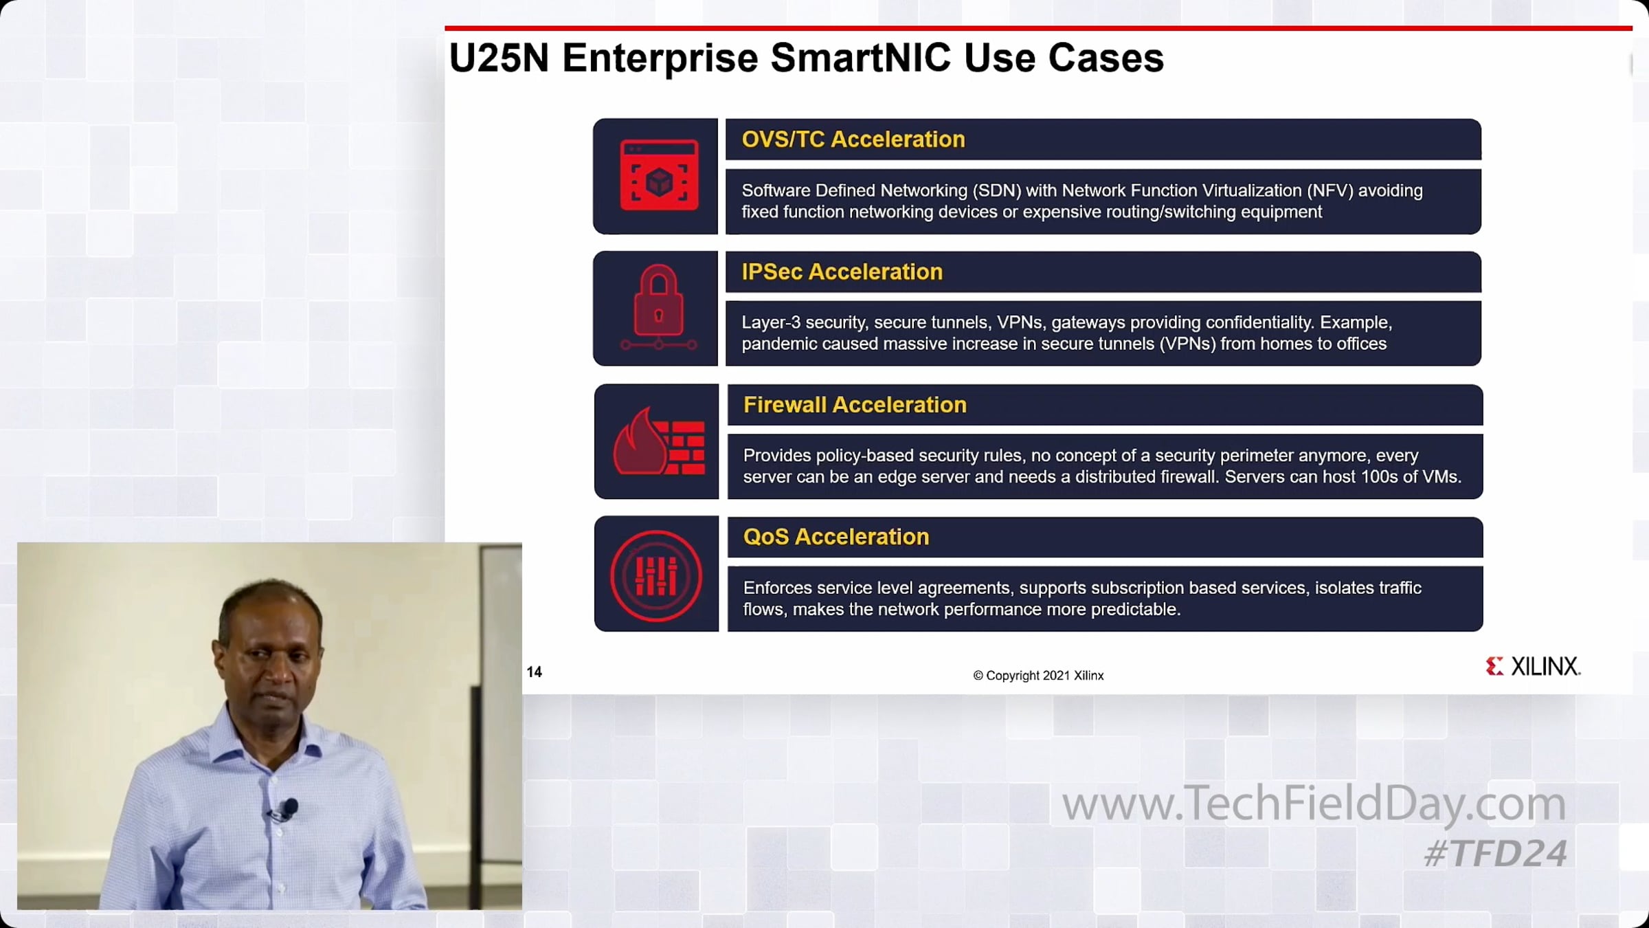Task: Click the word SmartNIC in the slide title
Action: (860, 57)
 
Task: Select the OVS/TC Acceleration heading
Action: (853, 140)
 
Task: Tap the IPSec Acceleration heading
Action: (842, 272)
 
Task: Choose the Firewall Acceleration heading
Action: (855, 405)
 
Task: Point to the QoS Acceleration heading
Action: (836, 537)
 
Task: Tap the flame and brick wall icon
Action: (658, 442)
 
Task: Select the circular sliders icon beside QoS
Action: (656, 576)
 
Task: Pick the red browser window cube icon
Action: (659, 176)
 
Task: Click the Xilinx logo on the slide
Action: (1533, 666)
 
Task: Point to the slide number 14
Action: (534, 672)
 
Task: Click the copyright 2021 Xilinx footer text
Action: (1038, 676)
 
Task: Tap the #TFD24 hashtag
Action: (1496, 854)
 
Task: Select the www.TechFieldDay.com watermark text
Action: (1314, 804)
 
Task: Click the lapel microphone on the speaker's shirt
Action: (284, 809)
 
